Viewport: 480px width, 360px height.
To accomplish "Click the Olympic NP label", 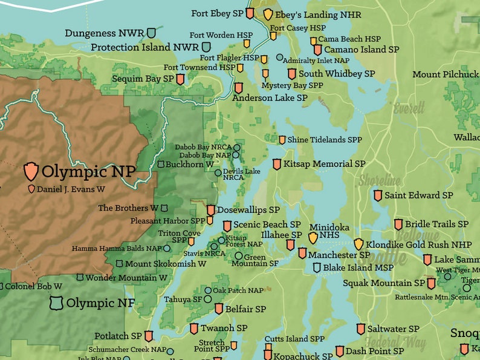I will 88,172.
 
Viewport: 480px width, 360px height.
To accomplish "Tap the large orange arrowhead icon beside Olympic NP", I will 31,171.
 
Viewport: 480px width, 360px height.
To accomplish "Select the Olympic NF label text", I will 100,303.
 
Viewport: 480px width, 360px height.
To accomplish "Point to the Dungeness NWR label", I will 105,33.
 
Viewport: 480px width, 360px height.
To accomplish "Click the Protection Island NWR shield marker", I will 206,47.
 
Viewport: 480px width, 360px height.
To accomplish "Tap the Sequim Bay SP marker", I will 180,79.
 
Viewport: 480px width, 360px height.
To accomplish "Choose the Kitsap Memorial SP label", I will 324,164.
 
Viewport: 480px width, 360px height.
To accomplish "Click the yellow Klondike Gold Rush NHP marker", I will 358,244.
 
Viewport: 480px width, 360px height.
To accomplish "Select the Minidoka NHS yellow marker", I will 313,238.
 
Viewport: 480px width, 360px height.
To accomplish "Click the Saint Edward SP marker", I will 378,195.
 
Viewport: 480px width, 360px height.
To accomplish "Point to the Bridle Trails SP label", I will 436,224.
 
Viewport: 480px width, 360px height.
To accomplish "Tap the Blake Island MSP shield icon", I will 316,267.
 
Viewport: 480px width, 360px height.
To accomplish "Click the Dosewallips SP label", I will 248,210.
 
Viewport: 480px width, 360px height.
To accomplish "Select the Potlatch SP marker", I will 149,336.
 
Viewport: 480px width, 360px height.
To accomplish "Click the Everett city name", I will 409,109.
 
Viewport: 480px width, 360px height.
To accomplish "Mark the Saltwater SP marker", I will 361,329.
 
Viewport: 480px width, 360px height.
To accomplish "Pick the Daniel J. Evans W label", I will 71,189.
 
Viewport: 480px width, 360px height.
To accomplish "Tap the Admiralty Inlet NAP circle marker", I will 279,58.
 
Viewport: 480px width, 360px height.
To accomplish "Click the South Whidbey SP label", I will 337,74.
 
